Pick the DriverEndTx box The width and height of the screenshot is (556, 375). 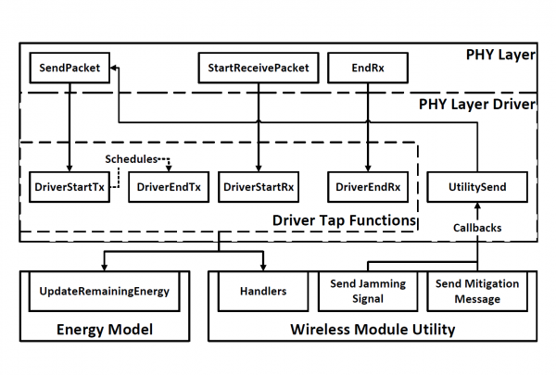click(169, 186)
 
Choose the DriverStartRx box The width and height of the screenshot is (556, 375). click(257, 186)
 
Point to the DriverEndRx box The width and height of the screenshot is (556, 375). click(369, 186)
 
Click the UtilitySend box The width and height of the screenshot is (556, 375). click(477, 186)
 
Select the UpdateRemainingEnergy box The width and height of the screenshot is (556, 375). click(105, 291)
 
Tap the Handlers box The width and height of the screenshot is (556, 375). click(259, 291)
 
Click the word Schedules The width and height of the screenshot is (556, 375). click(133, 157)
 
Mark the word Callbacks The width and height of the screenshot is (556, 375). click(478, 226)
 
